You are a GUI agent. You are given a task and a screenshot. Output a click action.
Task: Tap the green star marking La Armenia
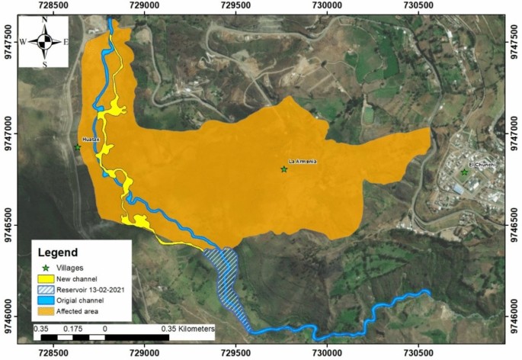(x=284, y=169)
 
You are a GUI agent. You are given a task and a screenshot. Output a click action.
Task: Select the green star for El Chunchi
(x=464, y=172)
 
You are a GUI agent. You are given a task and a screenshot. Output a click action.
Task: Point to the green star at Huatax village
(x=78, y=148)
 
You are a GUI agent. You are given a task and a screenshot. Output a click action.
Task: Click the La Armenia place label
(x=302, y=162)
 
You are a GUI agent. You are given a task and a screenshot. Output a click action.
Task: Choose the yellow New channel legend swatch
(x=48, y=280)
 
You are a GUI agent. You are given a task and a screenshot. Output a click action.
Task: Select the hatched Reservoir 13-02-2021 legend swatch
(x=48, y=291)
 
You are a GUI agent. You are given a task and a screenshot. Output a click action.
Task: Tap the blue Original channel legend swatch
(x=48, y=301)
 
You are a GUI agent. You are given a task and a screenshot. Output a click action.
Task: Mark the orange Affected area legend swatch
(x=48, y=312)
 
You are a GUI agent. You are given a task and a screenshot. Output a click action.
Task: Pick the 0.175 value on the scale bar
(x=72, y=328)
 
